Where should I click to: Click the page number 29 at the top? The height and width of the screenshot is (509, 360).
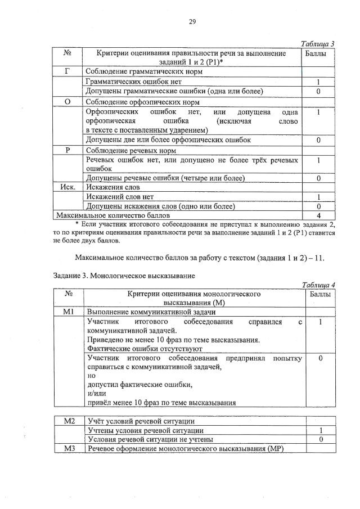191,21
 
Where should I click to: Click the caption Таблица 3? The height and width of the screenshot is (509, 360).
318,44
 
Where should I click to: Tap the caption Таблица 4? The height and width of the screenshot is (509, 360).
318,285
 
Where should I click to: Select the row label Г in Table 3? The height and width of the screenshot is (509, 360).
67,71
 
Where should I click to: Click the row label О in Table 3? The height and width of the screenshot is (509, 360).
67,102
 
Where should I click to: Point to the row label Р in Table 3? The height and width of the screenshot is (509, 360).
67,151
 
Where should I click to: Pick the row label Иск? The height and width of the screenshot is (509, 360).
68,187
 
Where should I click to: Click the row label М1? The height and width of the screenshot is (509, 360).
68,312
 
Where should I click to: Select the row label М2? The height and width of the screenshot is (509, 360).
68,421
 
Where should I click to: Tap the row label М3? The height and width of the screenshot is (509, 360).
68,448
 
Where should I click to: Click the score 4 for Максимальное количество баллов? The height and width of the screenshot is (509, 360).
318,215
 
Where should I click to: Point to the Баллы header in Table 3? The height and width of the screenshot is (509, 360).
318,53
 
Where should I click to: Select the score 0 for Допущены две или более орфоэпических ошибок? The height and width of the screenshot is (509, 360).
318,139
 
